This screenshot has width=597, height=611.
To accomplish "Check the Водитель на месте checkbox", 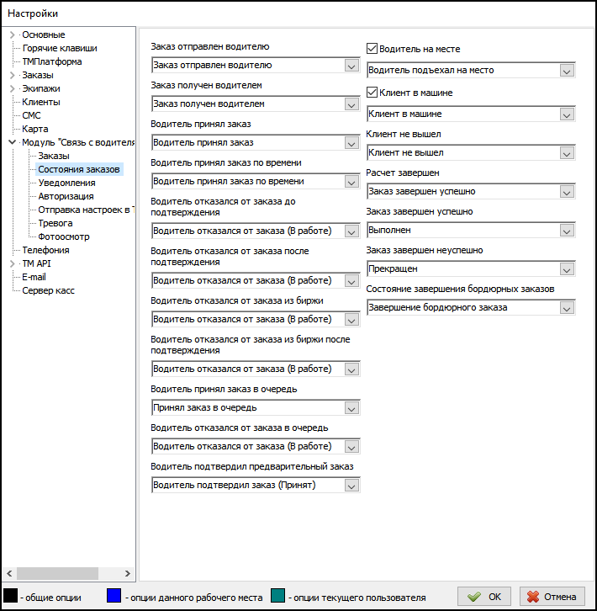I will [x=373, y=50].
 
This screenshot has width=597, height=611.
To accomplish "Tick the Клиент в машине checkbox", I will [x=373, y=93].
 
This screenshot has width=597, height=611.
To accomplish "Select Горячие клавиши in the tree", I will [x=59, y=48].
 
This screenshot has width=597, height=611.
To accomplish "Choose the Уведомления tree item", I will [x=66, y=183].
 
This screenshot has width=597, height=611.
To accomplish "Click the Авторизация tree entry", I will [x=66, y=196].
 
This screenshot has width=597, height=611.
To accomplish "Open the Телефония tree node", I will [x=45, y=250].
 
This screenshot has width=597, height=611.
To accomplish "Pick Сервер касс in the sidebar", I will [x=48, y=290].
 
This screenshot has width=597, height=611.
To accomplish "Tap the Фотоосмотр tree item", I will [x=64, y=236].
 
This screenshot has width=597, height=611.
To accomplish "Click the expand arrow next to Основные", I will [x=12, y=35].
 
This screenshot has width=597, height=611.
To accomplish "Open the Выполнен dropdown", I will [x=471, y=230].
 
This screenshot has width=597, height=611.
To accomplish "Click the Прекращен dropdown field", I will [x=471, y=268].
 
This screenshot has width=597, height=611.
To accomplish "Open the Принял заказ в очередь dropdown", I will [x=255, y=408].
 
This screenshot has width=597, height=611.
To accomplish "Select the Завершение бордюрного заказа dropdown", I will [x=471, y=307].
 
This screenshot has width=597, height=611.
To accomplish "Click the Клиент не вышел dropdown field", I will [x=471, y=152].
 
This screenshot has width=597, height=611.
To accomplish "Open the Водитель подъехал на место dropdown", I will [x=471, y=70].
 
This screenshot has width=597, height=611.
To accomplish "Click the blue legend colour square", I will [x=115, y=597].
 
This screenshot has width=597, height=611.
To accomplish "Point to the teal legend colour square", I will [x=278, y=597].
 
